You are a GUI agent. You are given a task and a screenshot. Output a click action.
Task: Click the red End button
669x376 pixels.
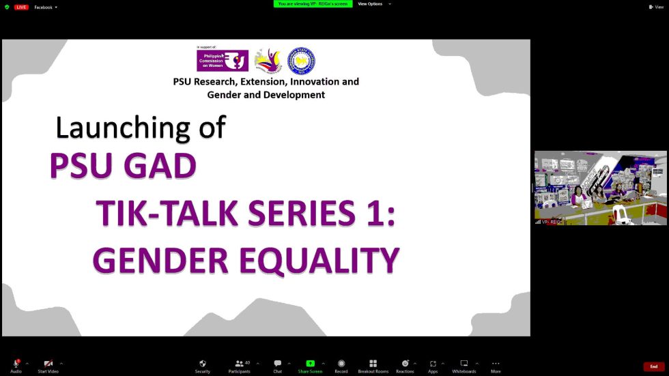(653, 366)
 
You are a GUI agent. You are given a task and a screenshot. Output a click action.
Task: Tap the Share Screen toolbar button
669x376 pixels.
(310, 364)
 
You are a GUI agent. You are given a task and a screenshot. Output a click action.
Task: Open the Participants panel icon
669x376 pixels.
(240, 364)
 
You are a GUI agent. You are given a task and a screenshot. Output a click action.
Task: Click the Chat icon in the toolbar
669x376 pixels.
(278, 364)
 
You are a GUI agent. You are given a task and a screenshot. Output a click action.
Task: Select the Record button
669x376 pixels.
(341, 364)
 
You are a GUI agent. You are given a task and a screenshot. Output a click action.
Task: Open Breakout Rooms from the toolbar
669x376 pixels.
(373, 364)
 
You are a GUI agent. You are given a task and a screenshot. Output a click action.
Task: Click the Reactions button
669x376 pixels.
(405, 364)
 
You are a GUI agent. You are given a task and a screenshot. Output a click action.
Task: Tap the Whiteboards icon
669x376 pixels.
(464, 364)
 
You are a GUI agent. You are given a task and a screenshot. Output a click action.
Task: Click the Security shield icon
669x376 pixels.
(203, 364)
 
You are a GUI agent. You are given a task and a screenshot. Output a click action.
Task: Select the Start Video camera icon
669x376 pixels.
(48, 364)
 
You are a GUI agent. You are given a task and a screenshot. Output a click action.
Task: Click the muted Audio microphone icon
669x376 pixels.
(16, 364)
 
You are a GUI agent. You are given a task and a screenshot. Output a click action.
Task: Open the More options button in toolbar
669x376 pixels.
(496, 364)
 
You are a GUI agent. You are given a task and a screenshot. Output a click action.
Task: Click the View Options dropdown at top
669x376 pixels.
(372, 4)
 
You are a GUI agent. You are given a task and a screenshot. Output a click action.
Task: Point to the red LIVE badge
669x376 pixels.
(21, 7)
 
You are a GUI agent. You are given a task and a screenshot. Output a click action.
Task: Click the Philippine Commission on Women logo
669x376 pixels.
(223, 61)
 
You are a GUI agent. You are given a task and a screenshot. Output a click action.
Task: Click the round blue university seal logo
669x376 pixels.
(301, 61)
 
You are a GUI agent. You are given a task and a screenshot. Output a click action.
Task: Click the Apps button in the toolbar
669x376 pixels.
(433, 364)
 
